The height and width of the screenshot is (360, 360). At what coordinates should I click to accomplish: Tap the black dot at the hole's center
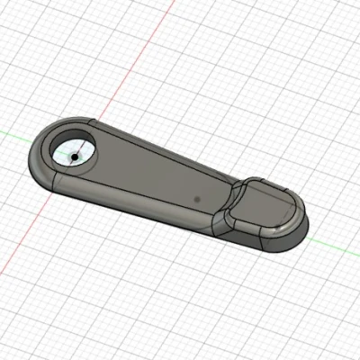72,156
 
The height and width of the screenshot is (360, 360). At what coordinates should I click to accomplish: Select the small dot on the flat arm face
195,194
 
